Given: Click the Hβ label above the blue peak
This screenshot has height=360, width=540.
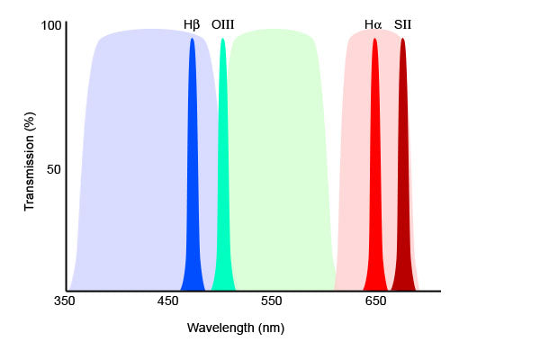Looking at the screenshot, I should point(192,24).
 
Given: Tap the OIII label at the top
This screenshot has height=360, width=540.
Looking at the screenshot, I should point(222,24).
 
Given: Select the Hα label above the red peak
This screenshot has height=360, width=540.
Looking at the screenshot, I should point(373,24).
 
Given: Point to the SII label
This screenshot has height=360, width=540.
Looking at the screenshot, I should point(403,24).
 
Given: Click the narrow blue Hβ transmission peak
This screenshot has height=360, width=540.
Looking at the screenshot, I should point(192,180).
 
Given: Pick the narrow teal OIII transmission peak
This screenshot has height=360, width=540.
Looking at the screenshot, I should point(222,180).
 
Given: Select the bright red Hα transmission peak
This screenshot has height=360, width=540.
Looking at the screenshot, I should point(374,180).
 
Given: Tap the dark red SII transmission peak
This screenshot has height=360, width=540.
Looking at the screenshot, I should point(402,180).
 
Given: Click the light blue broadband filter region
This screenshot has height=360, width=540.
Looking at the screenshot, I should point(135,162).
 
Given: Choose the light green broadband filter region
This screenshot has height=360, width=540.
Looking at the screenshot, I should point(279,162).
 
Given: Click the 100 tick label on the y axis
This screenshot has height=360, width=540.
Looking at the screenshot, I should point(51,26).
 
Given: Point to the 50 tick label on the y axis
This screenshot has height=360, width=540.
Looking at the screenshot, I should point(54,169).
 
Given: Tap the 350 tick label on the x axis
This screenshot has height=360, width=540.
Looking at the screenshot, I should point(64,301).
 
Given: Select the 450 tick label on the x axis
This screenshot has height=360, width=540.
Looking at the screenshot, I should point(167,301).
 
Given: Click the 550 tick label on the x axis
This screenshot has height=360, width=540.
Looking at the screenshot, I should point(272,301).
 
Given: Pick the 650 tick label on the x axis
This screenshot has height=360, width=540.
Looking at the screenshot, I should point(375,301).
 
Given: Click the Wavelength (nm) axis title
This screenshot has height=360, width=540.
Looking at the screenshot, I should point(235,328).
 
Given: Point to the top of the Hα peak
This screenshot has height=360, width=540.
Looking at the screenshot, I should point(374,40).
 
